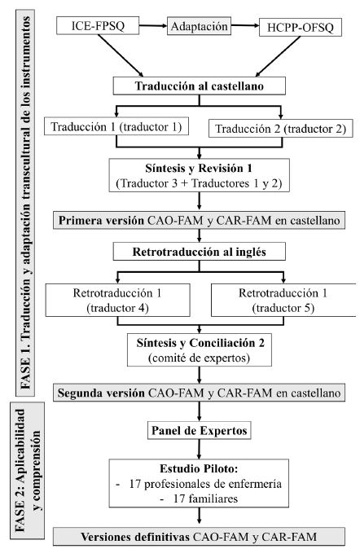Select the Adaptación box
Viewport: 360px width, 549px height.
198,26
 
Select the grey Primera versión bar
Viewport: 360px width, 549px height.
200,220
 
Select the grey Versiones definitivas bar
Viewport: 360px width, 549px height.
200,536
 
